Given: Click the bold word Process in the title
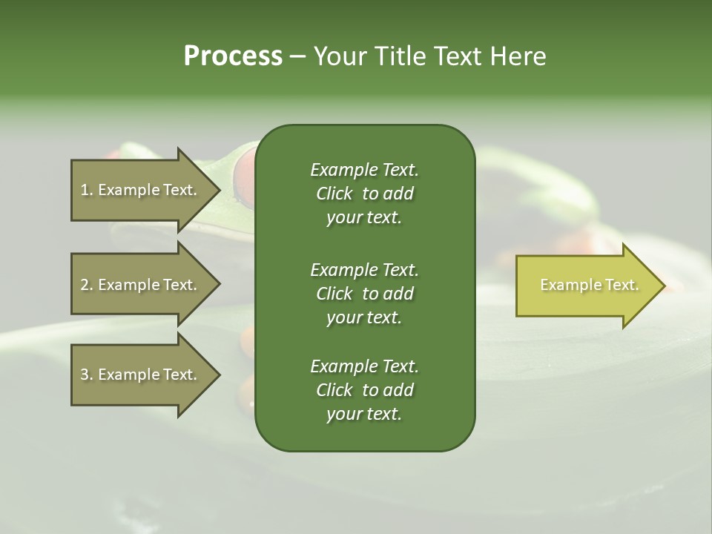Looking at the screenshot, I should coord(233,56).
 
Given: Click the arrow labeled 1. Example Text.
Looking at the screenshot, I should coord(141,190).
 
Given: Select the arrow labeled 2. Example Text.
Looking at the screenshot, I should coord(141,285).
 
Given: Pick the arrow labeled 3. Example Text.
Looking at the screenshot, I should coord(141,375).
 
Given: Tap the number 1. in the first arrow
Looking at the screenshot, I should coord(87,190).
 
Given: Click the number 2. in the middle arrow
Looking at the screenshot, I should coord(87,285).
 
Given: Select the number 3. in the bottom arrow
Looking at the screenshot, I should coord(87,375).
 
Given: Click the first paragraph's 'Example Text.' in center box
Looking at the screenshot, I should coord(364,170).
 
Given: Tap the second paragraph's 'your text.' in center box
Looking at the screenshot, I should coord(364,317).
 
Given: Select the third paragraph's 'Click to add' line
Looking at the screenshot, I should coord(364,390).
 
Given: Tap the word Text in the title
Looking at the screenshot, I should coord(453,56).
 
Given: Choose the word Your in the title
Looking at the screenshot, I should coord(337,56).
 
